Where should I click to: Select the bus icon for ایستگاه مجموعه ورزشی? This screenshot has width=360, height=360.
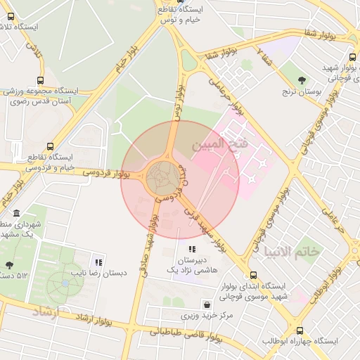pyautogui.click(x=40, y=80)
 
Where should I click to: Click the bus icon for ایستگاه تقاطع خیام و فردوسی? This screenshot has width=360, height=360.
pyautogui.click(x=49, y=146)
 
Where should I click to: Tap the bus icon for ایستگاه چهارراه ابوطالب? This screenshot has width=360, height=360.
pyautogui.click(x=300, y=330)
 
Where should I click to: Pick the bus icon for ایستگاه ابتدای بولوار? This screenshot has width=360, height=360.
pyautogui.click(x=253, y=276)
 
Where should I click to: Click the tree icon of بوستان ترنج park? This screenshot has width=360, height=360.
pyautogui.click(x=302, y=80)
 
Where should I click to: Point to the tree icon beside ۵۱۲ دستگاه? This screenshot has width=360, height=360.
pyautogui.click(x=8, y=265)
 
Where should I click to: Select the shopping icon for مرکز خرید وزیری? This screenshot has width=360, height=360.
pyautogui.click(x=207, y=304)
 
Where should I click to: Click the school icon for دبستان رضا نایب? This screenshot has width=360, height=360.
pyautogui.click(x=98, y=262)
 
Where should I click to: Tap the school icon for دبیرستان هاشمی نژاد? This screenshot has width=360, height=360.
pyautogui.click(x=191, y=249)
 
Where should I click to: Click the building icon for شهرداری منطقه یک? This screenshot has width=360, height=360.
pyautogui.click(x=16, y=213)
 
